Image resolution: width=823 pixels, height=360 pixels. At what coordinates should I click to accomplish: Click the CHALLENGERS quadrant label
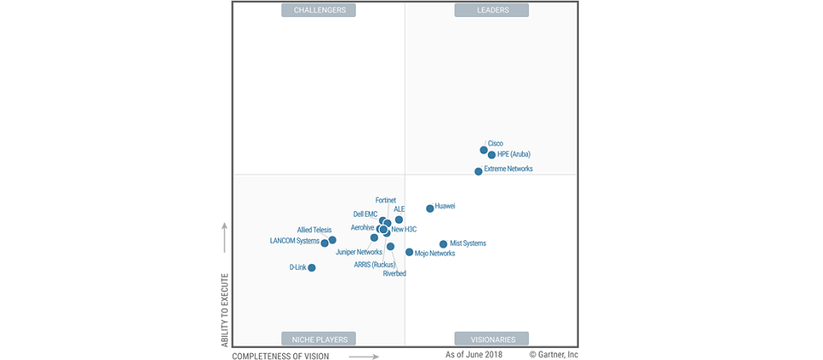point(320,10)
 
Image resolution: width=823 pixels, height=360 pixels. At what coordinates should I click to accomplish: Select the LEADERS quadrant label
point(493,10)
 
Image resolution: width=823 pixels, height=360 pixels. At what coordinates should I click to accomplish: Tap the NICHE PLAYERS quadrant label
point(319,339)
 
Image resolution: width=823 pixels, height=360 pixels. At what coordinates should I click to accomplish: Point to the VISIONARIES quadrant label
point(492,339)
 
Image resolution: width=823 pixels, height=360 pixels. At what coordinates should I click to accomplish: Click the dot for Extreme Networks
point(478,171)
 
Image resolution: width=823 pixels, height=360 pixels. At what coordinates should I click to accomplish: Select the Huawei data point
point(430,208)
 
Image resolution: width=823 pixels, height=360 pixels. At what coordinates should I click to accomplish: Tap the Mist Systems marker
point(443,244)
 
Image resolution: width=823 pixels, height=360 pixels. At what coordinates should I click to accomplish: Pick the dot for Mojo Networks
point(410,252)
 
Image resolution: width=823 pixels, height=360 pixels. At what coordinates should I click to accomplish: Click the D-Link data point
point(312,268)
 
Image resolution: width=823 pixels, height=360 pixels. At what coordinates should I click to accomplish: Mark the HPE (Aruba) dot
point(492,155)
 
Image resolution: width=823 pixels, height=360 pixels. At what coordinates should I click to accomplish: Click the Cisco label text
point(496,143)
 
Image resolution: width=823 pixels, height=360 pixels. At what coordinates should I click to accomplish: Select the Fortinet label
point(386,200)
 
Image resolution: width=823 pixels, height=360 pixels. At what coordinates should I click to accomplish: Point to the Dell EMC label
point(365,214)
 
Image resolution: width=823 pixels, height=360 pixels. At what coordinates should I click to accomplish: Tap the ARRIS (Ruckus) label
point(375,265)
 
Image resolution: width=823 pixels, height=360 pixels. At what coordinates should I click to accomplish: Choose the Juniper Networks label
point(359,252)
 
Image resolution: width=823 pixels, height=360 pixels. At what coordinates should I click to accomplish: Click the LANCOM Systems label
point(294,241)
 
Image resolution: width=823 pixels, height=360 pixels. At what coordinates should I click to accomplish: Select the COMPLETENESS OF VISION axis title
point(280,355)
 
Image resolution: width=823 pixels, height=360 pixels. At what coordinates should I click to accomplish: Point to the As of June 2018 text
point(474,354)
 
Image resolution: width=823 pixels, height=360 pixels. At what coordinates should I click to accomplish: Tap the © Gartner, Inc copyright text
point(554,354)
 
